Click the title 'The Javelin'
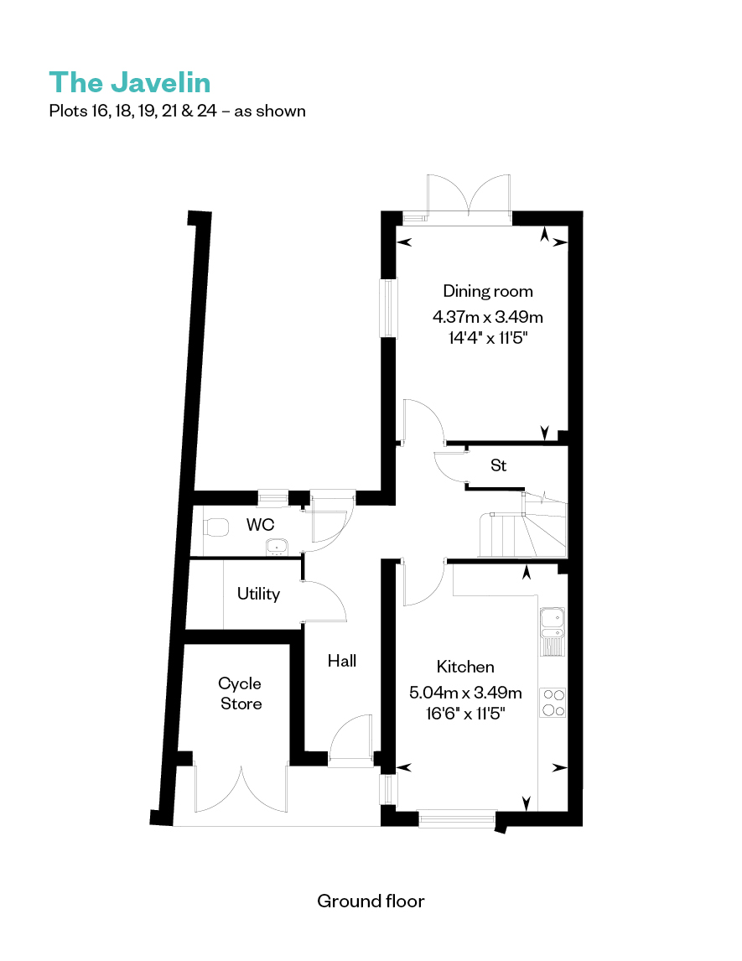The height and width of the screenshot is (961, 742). coord(130,83)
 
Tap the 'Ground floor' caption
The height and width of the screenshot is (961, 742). coord(371,901)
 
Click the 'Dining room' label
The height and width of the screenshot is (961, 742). coord(488,291)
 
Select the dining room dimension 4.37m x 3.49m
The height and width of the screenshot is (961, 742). coord(488,317)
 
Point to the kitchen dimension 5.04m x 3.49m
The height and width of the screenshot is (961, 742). coord(465,693)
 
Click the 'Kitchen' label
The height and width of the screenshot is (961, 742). coord(465,666)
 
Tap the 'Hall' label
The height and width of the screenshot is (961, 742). coord(342,660)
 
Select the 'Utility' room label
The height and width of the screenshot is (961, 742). coord(258,593)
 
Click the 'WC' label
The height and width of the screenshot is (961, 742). coord(260,525)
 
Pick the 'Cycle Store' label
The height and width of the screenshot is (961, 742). coord(240,693)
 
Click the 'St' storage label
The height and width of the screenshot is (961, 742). coord(499,465)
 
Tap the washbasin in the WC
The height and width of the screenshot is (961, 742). coord(277,547)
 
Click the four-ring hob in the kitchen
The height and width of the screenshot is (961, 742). coord(553,703)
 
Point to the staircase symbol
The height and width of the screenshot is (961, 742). coord(523,527)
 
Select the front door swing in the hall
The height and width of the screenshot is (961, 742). coord(350,739)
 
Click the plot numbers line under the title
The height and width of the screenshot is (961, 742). coord(177,111)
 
